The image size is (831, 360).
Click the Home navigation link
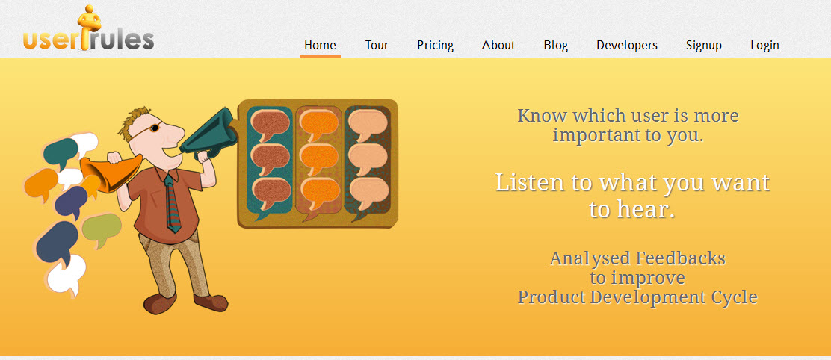coord(320,45)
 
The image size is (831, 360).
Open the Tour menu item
coord(377,45)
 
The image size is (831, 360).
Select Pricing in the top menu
coord(435,46)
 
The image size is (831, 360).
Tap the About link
coord(498,45)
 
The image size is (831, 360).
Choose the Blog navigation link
coord(556,46)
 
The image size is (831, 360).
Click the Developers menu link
coord(627,46)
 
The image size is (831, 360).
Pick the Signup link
coord(704,46)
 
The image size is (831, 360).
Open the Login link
coord(764,46)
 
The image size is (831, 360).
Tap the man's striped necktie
coord(172,203)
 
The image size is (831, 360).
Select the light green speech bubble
coord(101,229)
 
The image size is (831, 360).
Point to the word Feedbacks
coord(681,258)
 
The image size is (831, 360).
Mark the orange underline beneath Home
coord(320,55)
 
